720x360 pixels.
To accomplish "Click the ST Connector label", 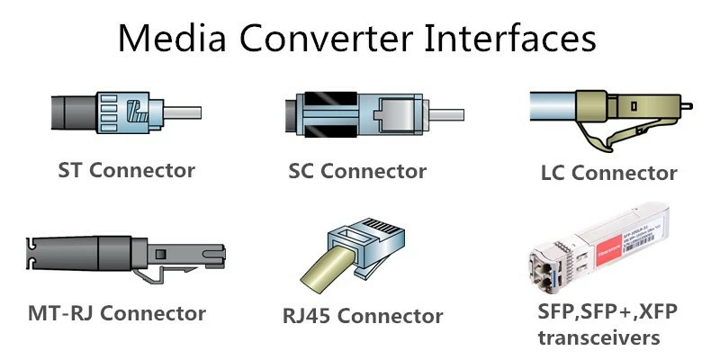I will [126, 169].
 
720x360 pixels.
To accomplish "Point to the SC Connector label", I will [357, 170].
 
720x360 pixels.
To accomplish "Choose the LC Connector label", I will [608, 172].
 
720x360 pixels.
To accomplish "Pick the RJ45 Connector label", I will [363, 316].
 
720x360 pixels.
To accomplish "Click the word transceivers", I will [598, 337].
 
